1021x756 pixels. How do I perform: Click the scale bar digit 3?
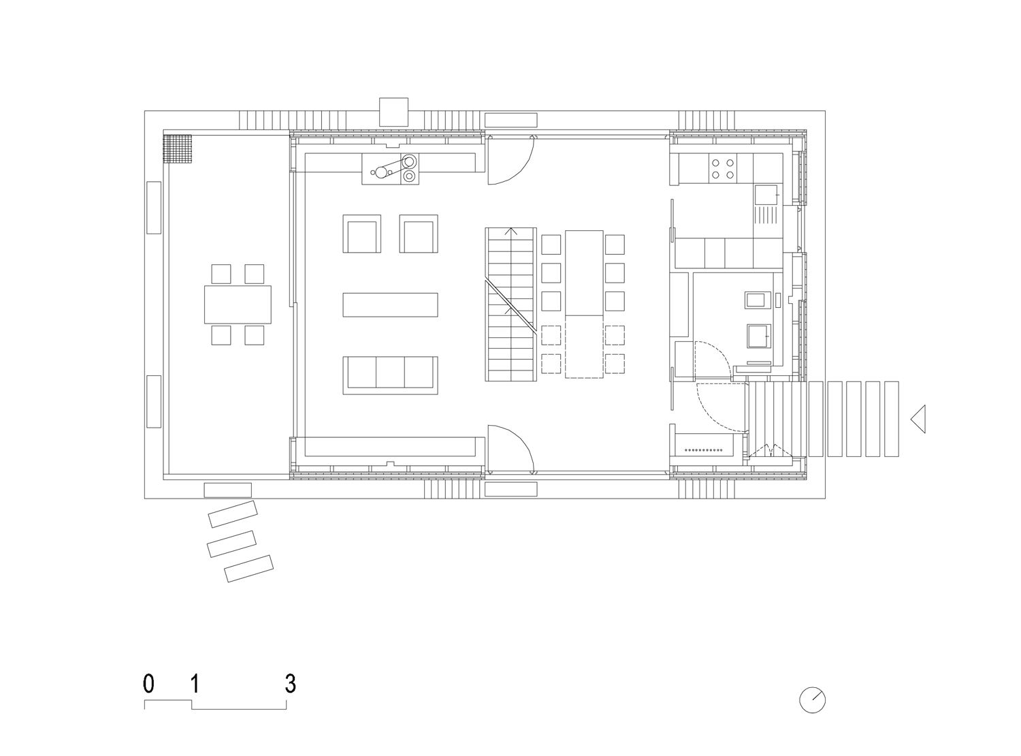pos(290,684)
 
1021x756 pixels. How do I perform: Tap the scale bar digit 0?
pos(148,684)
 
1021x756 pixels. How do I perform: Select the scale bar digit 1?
pos(195,684)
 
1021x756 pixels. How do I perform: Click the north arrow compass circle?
pos(812,700)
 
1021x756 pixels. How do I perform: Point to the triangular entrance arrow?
pos(918,419)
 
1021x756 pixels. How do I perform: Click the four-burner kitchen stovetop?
pos(722,169)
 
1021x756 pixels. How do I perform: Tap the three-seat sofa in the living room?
pos(390,375)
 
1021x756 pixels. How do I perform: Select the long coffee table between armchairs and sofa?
pos(390,305)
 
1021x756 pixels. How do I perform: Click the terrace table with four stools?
pos(238,304)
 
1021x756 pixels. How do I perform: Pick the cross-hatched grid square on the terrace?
pos(177,148)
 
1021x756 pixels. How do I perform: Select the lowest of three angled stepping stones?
pos(248,569)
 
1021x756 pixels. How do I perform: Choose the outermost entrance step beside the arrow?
pos(892,419)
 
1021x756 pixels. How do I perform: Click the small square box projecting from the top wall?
pos(393,112)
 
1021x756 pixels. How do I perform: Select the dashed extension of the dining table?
pos(584,347)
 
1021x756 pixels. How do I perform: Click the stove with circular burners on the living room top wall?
pos(390,169)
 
